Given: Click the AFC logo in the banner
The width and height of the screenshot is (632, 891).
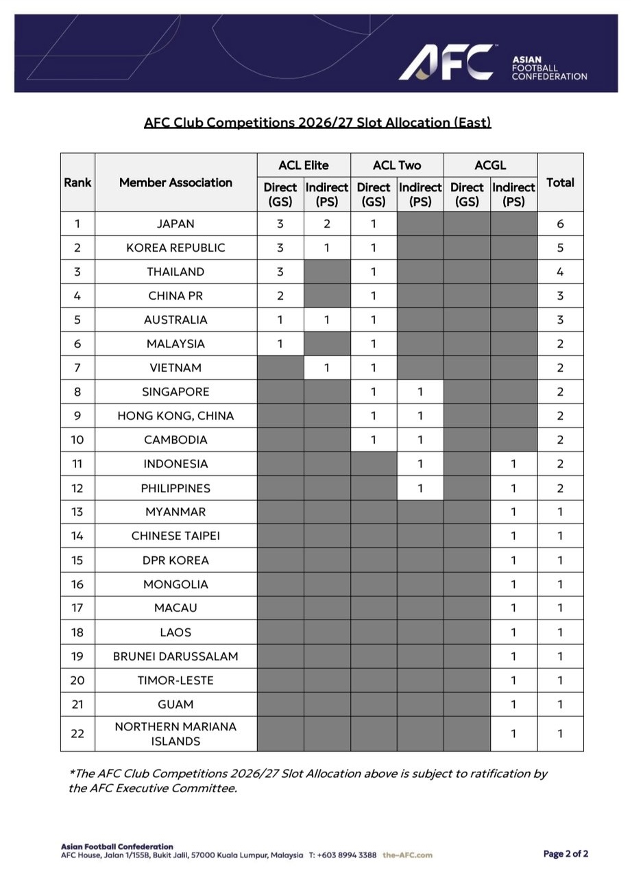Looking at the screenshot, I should (447, 62).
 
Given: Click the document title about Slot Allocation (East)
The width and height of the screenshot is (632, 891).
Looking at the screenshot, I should (317, 122).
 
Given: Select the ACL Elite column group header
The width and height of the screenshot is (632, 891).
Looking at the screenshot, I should (304, 165).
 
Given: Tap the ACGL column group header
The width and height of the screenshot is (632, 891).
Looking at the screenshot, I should (490, 165).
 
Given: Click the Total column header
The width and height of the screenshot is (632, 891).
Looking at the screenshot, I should (560, 182).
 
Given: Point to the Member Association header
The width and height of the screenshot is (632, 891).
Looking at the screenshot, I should (175, 182).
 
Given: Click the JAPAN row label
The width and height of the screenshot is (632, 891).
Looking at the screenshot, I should (175, 224).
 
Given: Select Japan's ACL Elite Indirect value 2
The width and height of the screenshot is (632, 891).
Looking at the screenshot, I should (327, 224).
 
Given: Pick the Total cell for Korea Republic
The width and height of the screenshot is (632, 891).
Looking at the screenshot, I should (560, 248).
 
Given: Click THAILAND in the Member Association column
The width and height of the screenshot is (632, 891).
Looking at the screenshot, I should (175, 272).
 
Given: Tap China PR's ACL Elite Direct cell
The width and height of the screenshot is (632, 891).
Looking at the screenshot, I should (280, 296).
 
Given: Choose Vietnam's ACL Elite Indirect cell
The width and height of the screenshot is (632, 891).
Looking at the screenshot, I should (327, 368).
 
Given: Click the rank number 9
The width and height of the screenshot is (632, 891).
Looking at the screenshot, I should (77, 416).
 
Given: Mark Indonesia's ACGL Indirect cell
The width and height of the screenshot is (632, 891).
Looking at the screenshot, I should (513, 464).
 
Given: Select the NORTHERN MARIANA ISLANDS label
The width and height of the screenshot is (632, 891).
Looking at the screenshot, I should (175, 734).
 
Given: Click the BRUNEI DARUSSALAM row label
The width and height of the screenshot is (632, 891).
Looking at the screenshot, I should (175, 656).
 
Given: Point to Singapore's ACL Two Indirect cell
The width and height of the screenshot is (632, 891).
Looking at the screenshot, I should (420, 392).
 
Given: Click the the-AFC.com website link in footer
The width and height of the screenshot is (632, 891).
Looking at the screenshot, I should (407, 855).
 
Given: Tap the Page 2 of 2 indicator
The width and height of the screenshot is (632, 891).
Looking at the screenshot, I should (566, 854).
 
